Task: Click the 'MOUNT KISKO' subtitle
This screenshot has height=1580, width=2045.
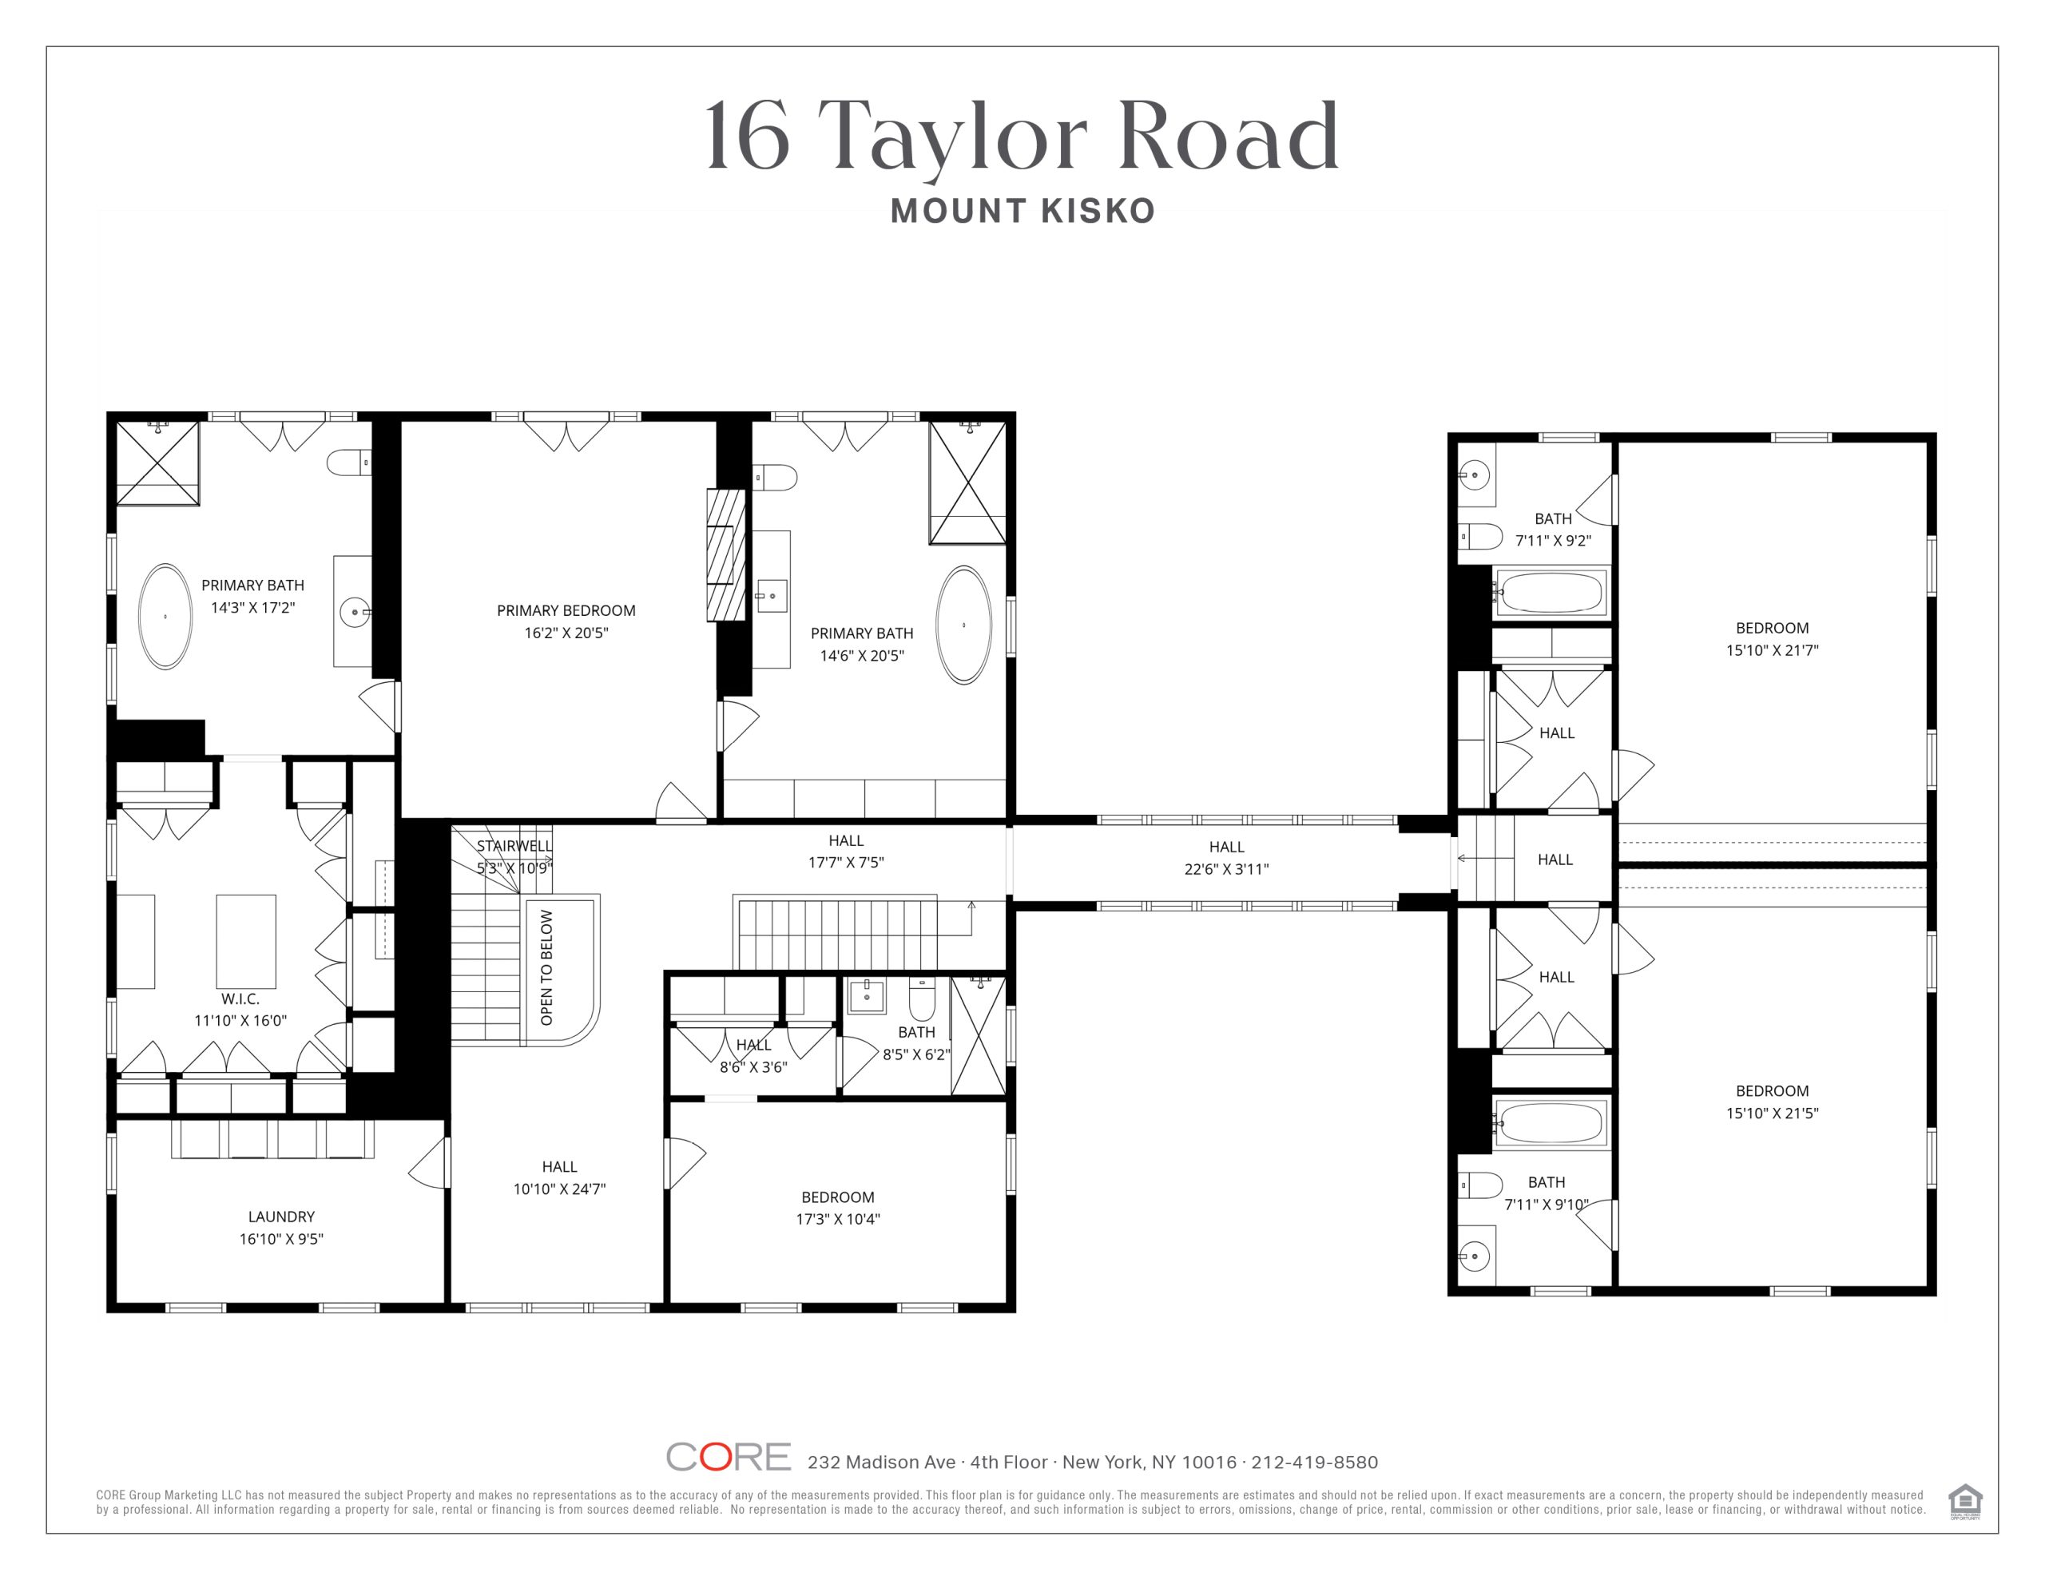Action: [x=1022, y=211]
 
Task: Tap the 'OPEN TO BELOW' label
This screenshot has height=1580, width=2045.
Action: [x=547, y=967]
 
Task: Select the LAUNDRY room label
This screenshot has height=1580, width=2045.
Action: [x=281, y=1217]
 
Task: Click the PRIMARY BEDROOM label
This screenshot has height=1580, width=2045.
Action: [x=566, y=610]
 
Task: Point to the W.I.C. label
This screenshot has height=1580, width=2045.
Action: [x=240, y=998]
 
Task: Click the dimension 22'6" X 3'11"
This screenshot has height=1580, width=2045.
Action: [x=1227, y=869]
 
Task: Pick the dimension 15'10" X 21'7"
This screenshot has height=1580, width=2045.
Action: [x=1773, y=650]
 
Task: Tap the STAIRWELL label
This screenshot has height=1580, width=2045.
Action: [x=514, y=846]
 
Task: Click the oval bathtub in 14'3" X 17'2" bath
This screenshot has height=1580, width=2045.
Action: [x=165, y=617]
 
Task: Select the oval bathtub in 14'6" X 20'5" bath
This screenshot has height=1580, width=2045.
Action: [x=963, y=625]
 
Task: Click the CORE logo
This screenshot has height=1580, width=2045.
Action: [x=729, y=1456]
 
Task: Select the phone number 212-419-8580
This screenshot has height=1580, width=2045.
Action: [x=1315, y=1462]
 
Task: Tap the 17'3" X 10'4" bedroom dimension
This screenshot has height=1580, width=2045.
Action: [x=838, y=1220]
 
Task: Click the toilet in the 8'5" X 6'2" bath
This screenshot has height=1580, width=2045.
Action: [x=923, y=998]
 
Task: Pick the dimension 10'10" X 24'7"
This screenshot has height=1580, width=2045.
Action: [x=559, y=1189]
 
